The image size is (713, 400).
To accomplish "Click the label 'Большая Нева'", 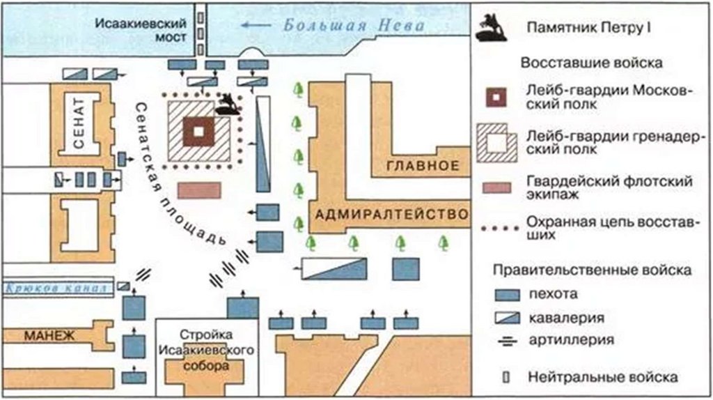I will pos(354,26).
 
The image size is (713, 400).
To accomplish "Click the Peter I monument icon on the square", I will pos(226,105).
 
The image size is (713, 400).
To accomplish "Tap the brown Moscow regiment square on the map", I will pos(199,131).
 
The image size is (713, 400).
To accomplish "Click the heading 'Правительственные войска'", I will pos(592,269).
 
